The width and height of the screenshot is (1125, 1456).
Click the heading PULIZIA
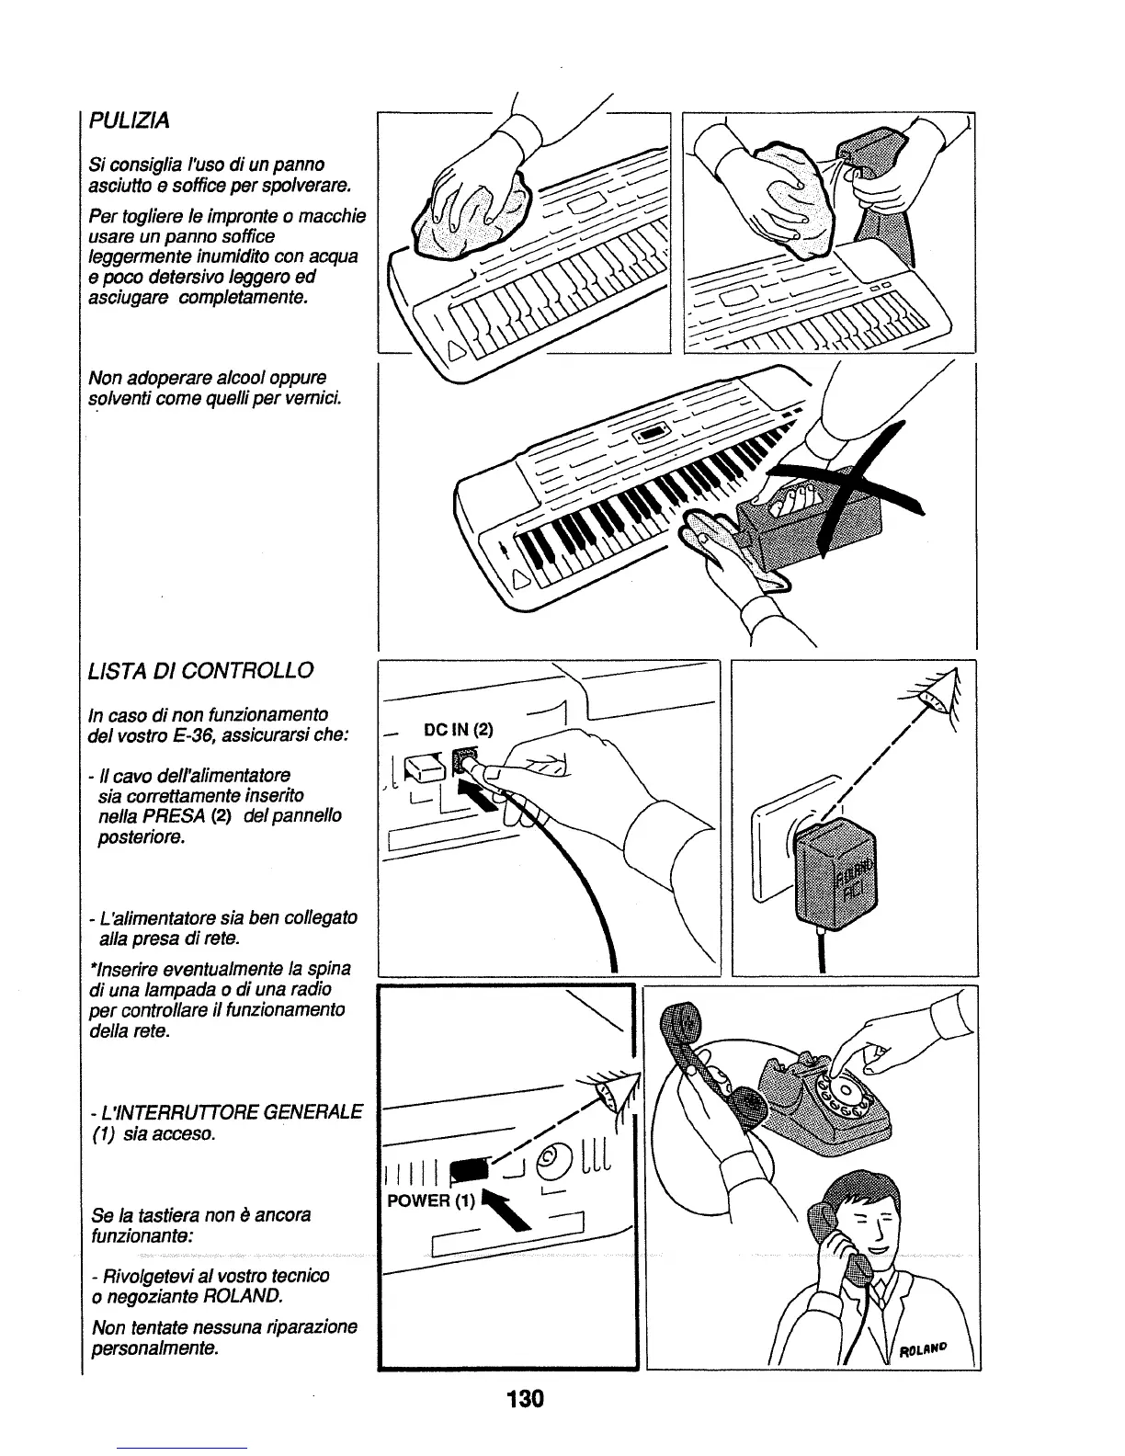(130, 120)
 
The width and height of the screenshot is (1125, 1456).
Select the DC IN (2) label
(458, 731)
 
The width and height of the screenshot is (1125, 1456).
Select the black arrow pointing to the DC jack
(484, 798)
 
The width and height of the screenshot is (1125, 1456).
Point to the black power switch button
(471, 1167)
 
